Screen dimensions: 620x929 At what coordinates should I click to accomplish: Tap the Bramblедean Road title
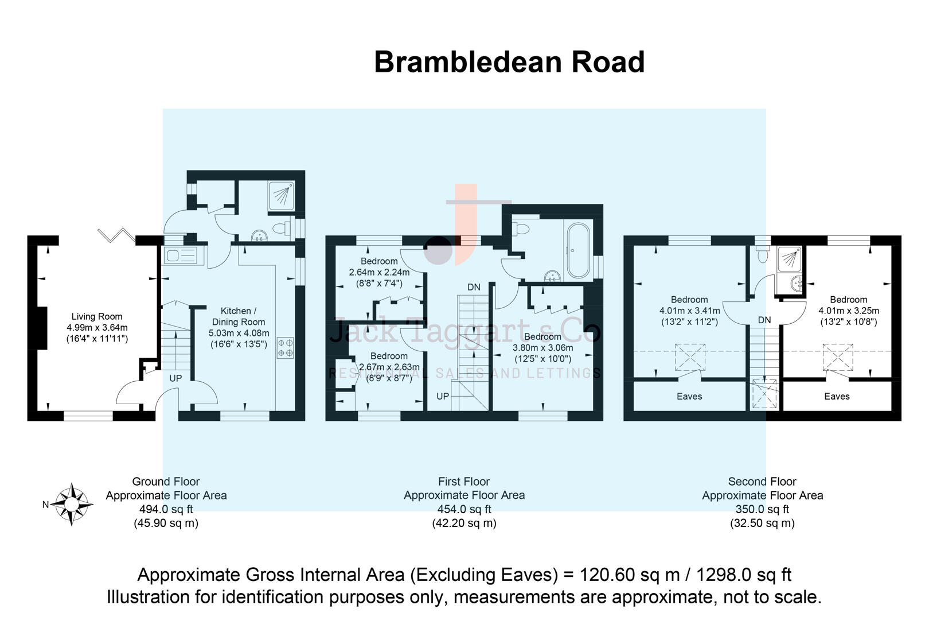point(509,62)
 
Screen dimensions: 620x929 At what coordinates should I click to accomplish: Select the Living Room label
point(97,316)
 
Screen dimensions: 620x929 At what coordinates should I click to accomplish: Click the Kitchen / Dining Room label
point(239,316)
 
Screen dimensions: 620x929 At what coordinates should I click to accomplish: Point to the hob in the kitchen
point(286,347)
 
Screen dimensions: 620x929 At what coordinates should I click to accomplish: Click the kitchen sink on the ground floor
point(181,255)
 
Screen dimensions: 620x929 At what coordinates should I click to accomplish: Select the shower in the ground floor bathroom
point(281,196)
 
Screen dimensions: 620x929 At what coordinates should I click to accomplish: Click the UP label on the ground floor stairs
point(175,378)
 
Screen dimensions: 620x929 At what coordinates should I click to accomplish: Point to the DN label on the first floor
point(474,287)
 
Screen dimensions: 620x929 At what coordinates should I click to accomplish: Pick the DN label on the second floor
point(764,320)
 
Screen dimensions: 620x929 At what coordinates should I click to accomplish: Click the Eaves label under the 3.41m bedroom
point(689,396)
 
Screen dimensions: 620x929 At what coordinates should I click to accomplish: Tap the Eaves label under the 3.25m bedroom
point(837,396)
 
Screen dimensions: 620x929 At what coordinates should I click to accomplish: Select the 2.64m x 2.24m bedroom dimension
point(379,272)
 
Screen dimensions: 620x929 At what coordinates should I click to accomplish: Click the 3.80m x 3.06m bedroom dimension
point(542,347)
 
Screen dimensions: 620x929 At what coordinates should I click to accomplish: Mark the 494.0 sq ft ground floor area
point(166,509)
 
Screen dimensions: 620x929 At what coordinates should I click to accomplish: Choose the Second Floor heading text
point(762,482)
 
